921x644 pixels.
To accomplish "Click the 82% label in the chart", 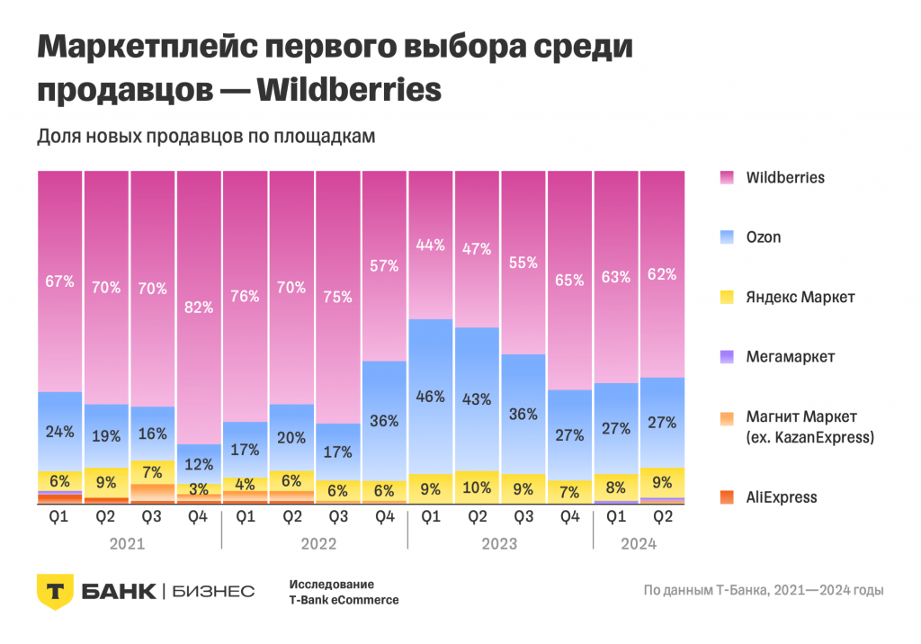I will (x=199, y=308).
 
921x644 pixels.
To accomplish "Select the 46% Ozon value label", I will (x=431, y=397).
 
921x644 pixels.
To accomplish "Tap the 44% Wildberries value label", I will (x=431, y=245).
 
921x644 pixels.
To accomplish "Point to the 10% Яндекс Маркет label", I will (x=477, y=488).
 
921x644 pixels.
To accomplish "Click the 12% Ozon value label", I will (x=199, y=464).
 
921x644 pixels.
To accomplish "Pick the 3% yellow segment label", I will (x=199, y=489).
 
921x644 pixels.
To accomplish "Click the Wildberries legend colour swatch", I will (x=728, y=177).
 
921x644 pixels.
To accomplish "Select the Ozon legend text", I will (x=764, y=237).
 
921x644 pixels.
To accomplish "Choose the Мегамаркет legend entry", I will (x=790, y=357).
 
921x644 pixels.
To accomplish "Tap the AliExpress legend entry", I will (x=782, y=496).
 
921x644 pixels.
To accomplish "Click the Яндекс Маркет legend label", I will (x=800, y=297).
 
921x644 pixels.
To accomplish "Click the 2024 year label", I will (x=639, y=544).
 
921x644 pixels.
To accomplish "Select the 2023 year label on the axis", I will (x=499, y=544).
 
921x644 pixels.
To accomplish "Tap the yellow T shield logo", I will (x=54, y=590).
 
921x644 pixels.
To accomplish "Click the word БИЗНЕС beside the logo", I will (x=212, y=591).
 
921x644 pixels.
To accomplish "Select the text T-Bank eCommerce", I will (x=344, y=600).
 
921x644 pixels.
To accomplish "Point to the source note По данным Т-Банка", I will (x=763, y=591).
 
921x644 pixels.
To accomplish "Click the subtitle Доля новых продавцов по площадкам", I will (x=205, y=137).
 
